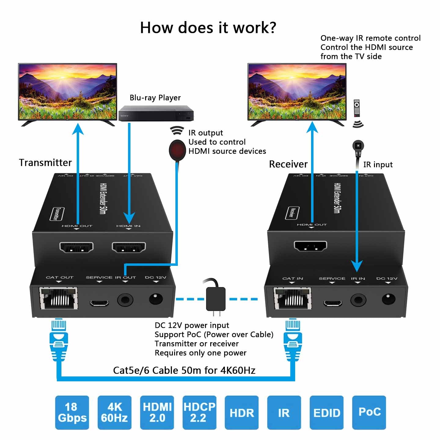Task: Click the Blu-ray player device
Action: point(156,113)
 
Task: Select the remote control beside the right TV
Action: point(357,108)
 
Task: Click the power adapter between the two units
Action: point(216,299)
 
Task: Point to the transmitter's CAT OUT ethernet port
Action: point(58,298)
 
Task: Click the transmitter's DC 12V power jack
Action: point(156,299)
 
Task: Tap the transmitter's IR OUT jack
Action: point(125,300)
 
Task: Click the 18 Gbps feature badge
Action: point(72,413)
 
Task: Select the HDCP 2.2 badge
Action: point(199,413)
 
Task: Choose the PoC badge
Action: point(369,413)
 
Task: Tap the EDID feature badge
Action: point(327,413)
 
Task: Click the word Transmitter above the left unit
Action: point(45,163)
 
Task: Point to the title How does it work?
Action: point(208,28)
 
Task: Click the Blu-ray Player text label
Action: point(155,98)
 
